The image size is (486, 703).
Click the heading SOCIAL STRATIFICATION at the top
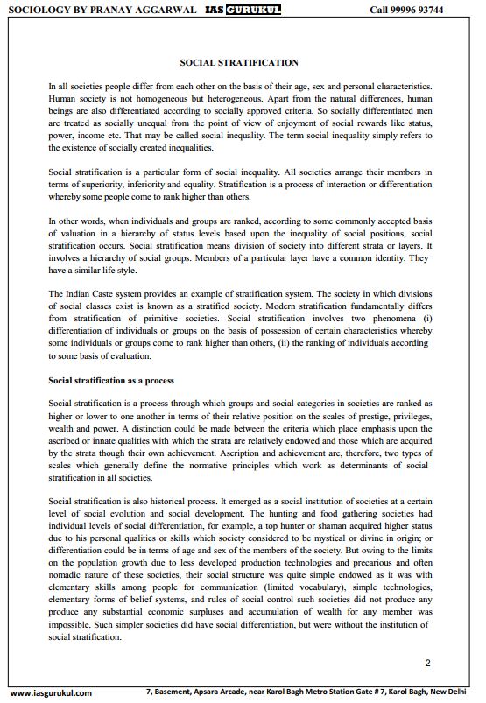pos(239,63)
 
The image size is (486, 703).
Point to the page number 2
pos(427,663)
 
